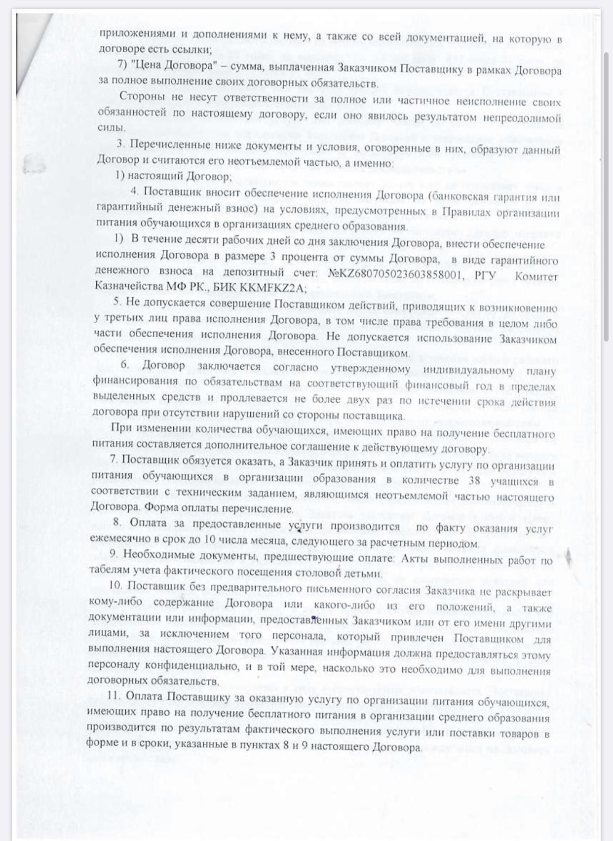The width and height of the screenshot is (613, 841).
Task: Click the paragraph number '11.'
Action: point(115,695)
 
